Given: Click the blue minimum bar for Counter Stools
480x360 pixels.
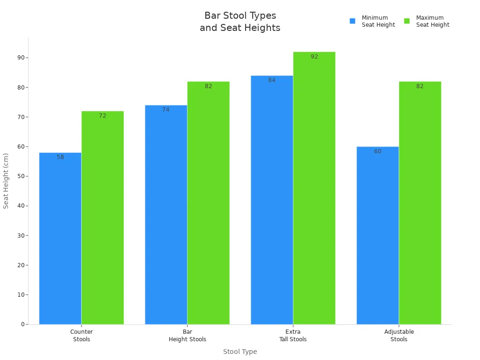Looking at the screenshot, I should pos(60,239).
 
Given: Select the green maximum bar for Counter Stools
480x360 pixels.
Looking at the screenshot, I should pos(103,218).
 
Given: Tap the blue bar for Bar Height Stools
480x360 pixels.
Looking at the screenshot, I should pos(166,216).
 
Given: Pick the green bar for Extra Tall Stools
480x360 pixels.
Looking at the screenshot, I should pos(314,187).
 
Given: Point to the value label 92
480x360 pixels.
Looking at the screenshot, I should pos(314,57).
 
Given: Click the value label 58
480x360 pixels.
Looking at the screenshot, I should pos(60,157).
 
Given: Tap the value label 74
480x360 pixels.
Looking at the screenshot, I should pos(166,110).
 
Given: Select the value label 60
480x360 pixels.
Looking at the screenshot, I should pos(378,151).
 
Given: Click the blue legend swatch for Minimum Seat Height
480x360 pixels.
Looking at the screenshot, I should pos(352,21).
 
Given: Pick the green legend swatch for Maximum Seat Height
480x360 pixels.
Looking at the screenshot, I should pos(407,21).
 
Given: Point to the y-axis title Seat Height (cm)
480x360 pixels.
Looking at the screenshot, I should pos(6,181).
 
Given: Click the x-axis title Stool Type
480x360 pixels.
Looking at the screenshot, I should pos(240,352).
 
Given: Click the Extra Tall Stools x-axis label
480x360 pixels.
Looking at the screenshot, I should pos(293,336).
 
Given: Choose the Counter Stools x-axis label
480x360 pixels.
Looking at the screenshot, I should pos(82,336).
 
